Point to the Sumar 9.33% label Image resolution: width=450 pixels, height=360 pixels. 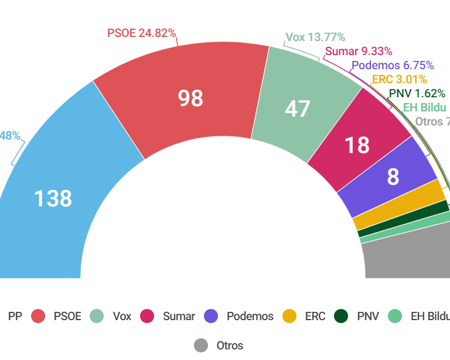click(x=359, y=52)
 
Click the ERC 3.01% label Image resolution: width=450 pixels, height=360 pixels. click(x=399, y=79)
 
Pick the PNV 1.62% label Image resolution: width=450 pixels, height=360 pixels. click(x=417, y=93)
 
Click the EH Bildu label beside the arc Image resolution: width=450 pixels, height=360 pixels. click(x=425, y=107)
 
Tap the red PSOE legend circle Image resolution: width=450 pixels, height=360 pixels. click(x=38, y=316)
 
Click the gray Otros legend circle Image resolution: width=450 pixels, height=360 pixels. click(x=201, y=345)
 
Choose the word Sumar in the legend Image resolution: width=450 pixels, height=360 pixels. click(x=179, y=316)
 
